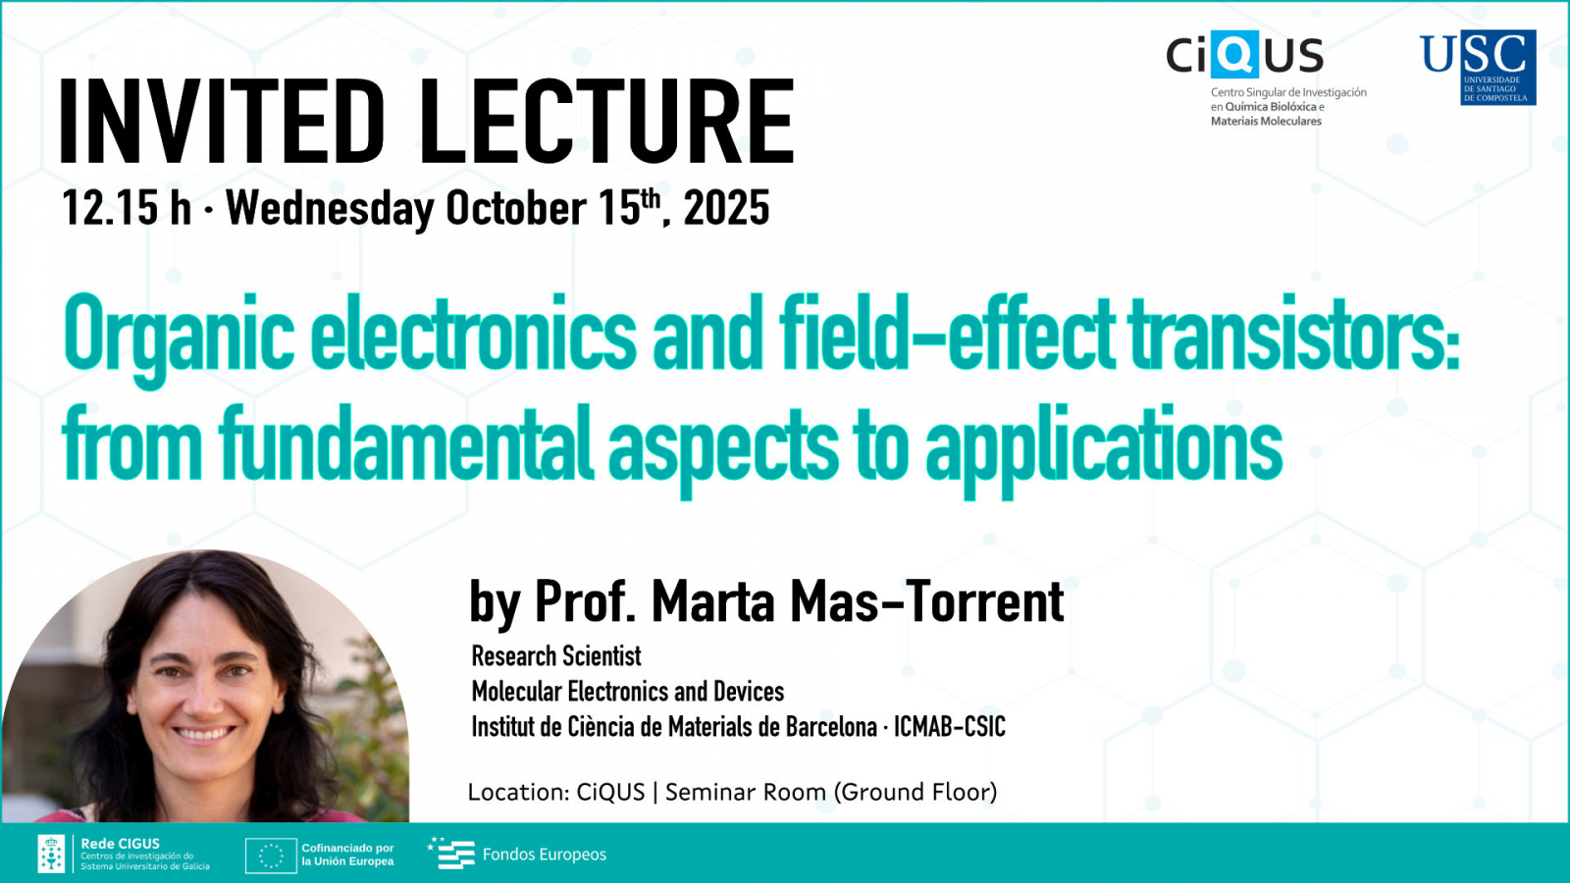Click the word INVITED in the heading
222,121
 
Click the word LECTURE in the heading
606,121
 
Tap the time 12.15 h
127,208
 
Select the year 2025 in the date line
726,208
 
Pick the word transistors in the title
1295,334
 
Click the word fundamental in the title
406,444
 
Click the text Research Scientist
555,656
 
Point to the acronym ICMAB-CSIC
950,727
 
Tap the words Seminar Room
746,793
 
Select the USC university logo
1478,68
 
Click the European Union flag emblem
271,855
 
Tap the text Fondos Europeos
545,855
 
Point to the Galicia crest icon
51,854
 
